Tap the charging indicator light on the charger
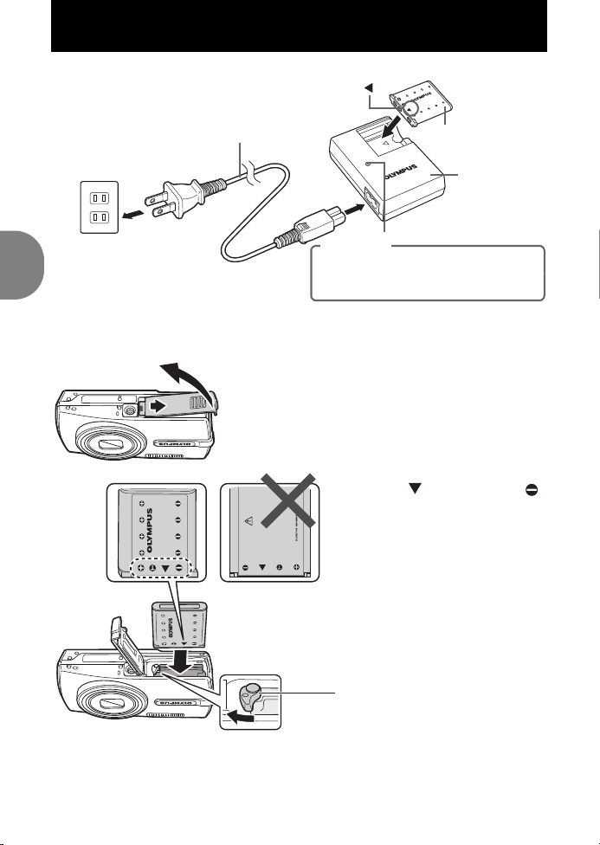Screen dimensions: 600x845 pos(368,164)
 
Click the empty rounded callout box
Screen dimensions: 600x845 pos(428,273)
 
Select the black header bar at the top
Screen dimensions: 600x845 pos(299,26)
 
